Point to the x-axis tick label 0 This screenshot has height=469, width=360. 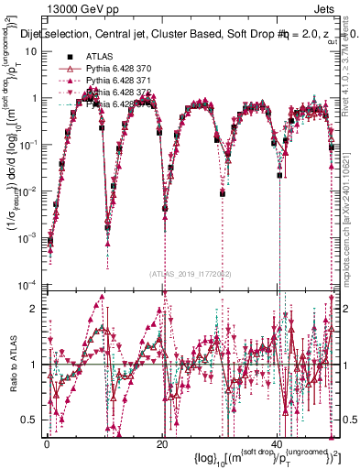pos(47,442)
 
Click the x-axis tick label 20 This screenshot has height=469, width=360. pos(162,442)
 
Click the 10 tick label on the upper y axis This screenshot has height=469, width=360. pos(30,51)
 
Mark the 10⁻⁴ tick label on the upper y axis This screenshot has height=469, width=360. pos(27,283)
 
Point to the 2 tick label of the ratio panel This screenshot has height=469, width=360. pos(35,309)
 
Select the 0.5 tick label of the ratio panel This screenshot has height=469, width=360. pos(31,420)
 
